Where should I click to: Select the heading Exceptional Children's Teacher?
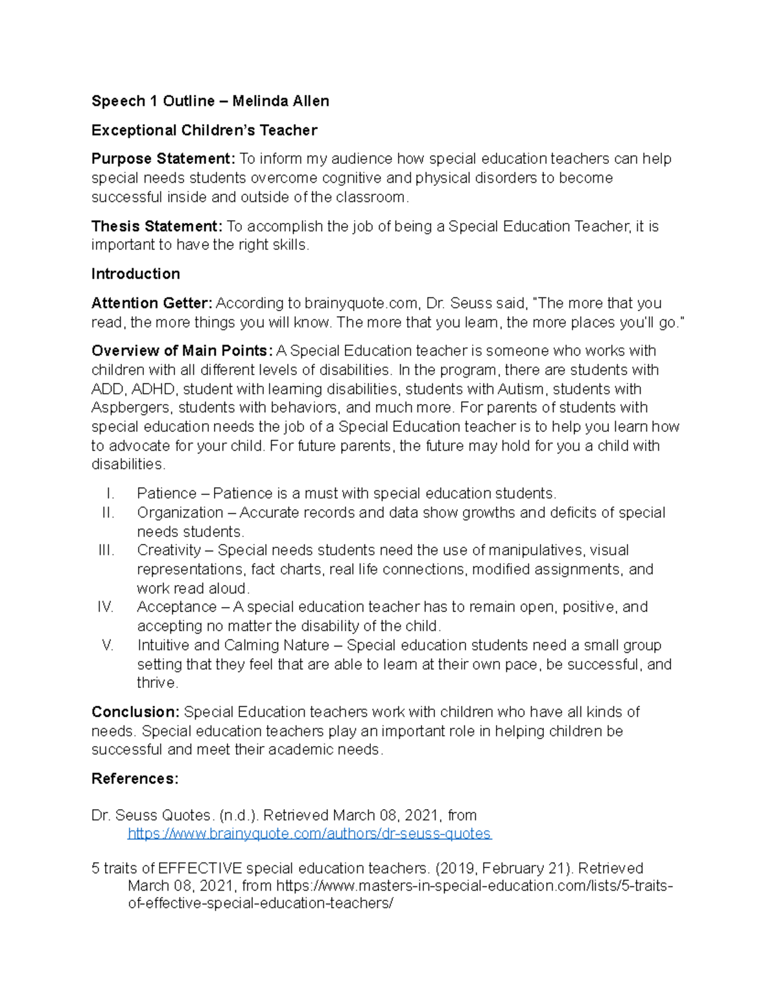click(x=204, y=130)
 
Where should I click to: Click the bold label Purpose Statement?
click(x=163, y=159)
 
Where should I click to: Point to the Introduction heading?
click(x=136, y=274)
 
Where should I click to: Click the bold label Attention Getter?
click(x=152, y=303)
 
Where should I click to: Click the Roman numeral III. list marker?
click(x=106, y=551)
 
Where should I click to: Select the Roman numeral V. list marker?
click(x=108, y=645)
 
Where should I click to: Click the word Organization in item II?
click(x=180, y=512)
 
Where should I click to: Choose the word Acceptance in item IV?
click(x=176, y=607)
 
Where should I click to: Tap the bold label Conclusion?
click(x=136, y=712)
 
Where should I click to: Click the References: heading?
click(x=135, y=779)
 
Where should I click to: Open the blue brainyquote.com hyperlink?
click(x=309, y=833)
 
